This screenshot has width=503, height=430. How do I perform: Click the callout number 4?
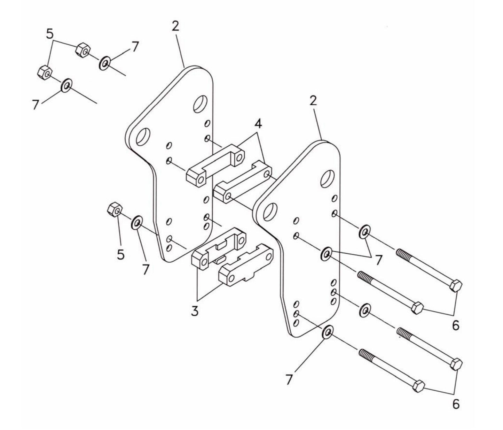258,124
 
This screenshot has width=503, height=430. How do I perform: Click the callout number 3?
195,310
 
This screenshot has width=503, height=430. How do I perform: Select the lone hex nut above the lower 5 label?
114,209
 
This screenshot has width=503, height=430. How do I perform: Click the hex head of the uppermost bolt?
456,286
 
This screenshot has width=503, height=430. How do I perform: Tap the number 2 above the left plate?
175,26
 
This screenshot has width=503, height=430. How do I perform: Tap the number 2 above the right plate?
313,101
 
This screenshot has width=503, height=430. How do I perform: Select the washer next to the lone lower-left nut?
136,223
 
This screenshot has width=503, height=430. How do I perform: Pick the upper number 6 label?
456,325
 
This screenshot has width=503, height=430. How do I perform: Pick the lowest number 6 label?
456,404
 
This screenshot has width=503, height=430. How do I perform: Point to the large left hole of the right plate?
270,212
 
